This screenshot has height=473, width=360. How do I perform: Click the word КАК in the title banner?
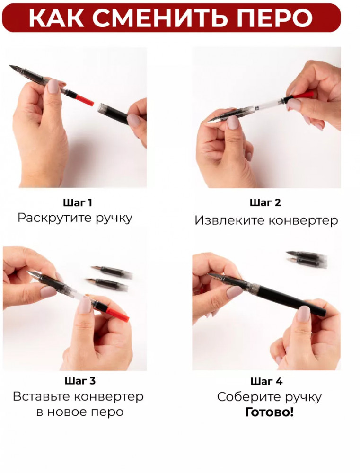56,17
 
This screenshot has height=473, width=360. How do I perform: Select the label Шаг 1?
78,203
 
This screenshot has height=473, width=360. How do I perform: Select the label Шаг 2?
265,203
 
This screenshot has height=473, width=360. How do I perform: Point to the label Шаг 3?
80,381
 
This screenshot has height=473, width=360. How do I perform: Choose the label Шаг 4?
266,381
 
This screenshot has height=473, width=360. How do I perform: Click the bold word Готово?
269,412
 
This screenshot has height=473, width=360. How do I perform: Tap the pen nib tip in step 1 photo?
10,66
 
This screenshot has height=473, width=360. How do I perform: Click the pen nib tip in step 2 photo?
208,122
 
